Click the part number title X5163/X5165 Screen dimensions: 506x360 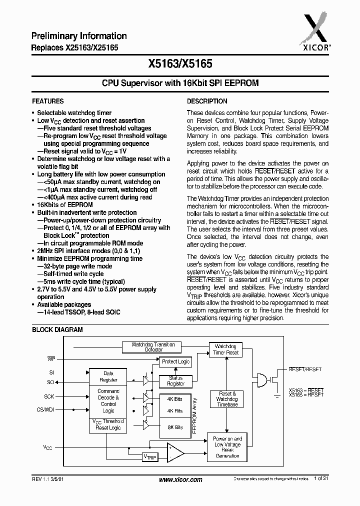(x=180, y=64)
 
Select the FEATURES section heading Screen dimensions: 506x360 (x=47, y=101)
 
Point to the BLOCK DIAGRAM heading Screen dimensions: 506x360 (x=57, y=330)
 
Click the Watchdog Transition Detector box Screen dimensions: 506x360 (x=153, y=347)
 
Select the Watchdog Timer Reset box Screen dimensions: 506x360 (x=226, y=349)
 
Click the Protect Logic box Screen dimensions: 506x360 (x=175, y=361)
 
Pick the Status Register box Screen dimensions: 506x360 (x=175, y=380)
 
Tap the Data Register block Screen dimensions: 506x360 (x=108, y=376)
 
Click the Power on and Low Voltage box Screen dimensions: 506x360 (x=227, y=447)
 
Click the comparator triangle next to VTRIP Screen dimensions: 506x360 (x=174, y=452)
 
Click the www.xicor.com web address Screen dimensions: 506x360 (x=180, y=479)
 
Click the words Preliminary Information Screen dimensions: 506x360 (x=79, y=36)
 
